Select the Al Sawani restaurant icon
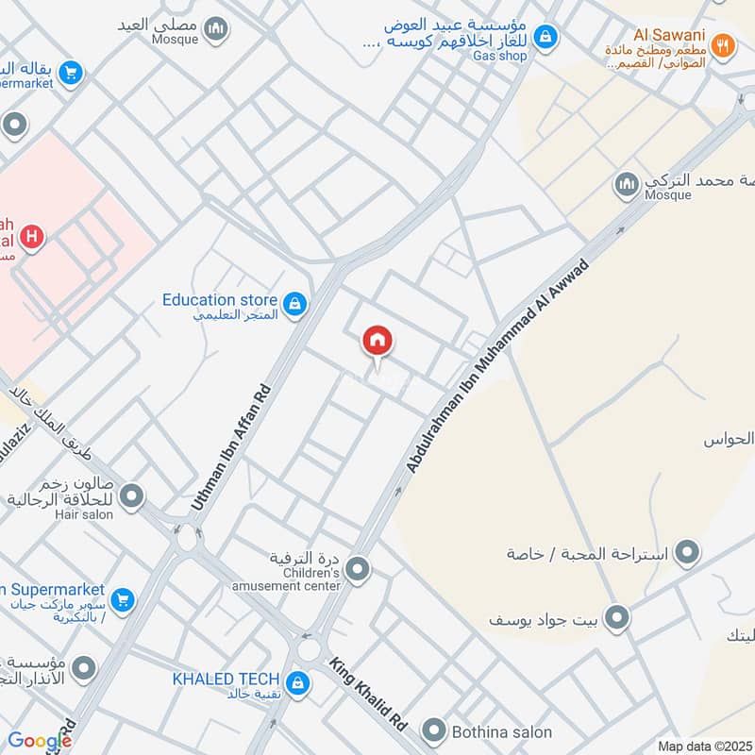pos(722,45)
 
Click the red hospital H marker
pos(32,238)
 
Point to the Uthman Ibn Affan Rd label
pos(230,448)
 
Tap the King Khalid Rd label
pos(368,696)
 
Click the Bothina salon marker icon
pos(434,730)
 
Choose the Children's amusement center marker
pos(357,568)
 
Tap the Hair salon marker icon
pos(132,495)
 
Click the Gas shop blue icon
pos(545,38)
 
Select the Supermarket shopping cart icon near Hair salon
pos(122,599)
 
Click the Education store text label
pos(220,300)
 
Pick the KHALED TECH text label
pos(226,679)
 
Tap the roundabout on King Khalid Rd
pos(309,649)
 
